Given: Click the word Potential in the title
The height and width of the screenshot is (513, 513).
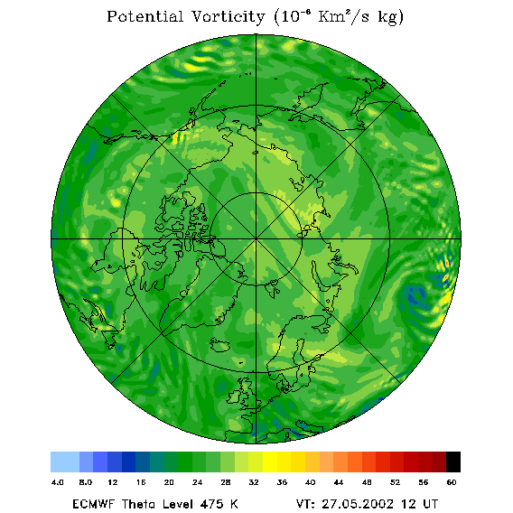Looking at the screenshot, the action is click(145, 16).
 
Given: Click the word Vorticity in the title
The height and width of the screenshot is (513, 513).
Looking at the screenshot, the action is click(229, 16).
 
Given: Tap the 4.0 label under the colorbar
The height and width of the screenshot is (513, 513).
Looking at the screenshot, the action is click(58, 482).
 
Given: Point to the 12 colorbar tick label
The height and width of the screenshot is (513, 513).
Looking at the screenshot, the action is click(113, 482).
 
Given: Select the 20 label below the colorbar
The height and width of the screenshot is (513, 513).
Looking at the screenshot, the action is click(169, 482).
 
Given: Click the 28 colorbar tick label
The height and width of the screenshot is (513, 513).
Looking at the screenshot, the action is click(226, 482).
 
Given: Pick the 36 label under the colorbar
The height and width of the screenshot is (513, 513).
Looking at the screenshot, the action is click(282, 482).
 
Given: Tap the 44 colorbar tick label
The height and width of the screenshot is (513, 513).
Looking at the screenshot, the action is click(339, 482).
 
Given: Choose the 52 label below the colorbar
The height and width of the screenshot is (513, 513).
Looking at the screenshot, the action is click(395, 482).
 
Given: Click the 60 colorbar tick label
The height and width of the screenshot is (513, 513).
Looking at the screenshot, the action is click(452, 482).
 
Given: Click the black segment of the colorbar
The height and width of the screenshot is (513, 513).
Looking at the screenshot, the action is click(453, 462).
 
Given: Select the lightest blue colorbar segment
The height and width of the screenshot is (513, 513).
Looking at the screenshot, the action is click(65, 462).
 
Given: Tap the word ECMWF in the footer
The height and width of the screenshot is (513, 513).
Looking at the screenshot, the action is click(93, 504).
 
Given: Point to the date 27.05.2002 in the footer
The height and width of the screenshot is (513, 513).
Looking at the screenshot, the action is click(358, 504).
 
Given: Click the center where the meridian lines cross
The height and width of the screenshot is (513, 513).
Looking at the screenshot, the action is click(256, 238).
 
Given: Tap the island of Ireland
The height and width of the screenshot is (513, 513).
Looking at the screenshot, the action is click(235, 396).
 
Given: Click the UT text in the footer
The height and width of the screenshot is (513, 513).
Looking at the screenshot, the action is click(427, 504).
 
